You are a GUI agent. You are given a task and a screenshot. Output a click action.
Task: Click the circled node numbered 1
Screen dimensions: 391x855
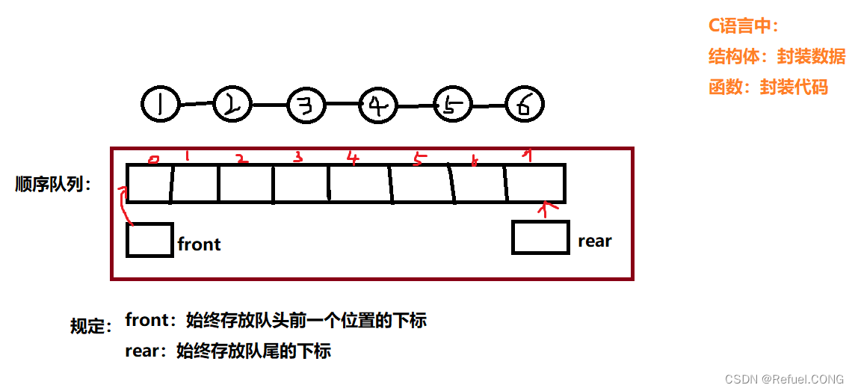click(x=160, y=104)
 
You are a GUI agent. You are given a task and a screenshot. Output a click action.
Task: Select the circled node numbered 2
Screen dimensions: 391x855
click(x=232, y=104)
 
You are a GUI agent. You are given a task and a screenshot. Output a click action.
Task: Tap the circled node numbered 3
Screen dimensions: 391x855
click(x=306, y=105)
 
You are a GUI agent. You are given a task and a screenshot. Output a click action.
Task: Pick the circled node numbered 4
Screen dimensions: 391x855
click(x=378, y=105)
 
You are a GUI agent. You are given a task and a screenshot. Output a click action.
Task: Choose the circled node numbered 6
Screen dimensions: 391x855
click(x=525, y=105)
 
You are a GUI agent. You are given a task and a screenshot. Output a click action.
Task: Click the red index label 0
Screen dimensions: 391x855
click(x=154, y=158)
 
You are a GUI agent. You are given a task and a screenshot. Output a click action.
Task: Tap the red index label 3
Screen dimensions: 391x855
click(x=298, y=157)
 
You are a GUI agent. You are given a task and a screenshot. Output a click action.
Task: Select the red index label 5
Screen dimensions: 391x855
click(x=418, y=158)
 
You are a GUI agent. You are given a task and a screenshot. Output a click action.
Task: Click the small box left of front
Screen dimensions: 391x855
click(x=149, y=240)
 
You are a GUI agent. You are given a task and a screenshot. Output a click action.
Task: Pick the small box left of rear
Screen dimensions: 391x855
click(x=540, y=237)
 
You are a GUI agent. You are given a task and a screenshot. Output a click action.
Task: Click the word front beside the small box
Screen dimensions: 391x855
click(x=199, y=244)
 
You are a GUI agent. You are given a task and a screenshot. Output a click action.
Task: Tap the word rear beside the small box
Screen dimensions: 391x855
click(x=595, y=241)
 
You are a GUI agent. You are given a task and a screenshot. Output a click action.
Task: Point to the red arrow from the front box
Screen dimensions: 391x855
click(x=126, y=206)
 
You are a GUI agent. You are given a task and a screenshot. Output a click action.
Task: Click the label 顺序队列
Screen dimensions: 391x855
click(x=52, y=185)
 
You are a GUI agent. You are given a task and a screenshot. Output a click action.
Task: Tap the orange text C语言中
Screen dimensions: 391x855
click(x=743, y=25)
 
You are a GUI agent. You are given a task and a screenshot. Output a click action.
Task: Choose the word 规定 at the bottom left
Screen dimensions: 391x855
click(x=90, y=326)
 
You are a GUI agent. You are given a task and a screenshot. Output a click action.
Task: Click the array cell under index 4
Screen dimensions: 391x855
click(x=359, y=184)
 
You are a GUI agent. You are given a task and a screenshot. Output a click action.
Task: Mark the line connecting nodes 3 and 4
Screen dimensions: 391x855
click(x=342, y=105)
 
